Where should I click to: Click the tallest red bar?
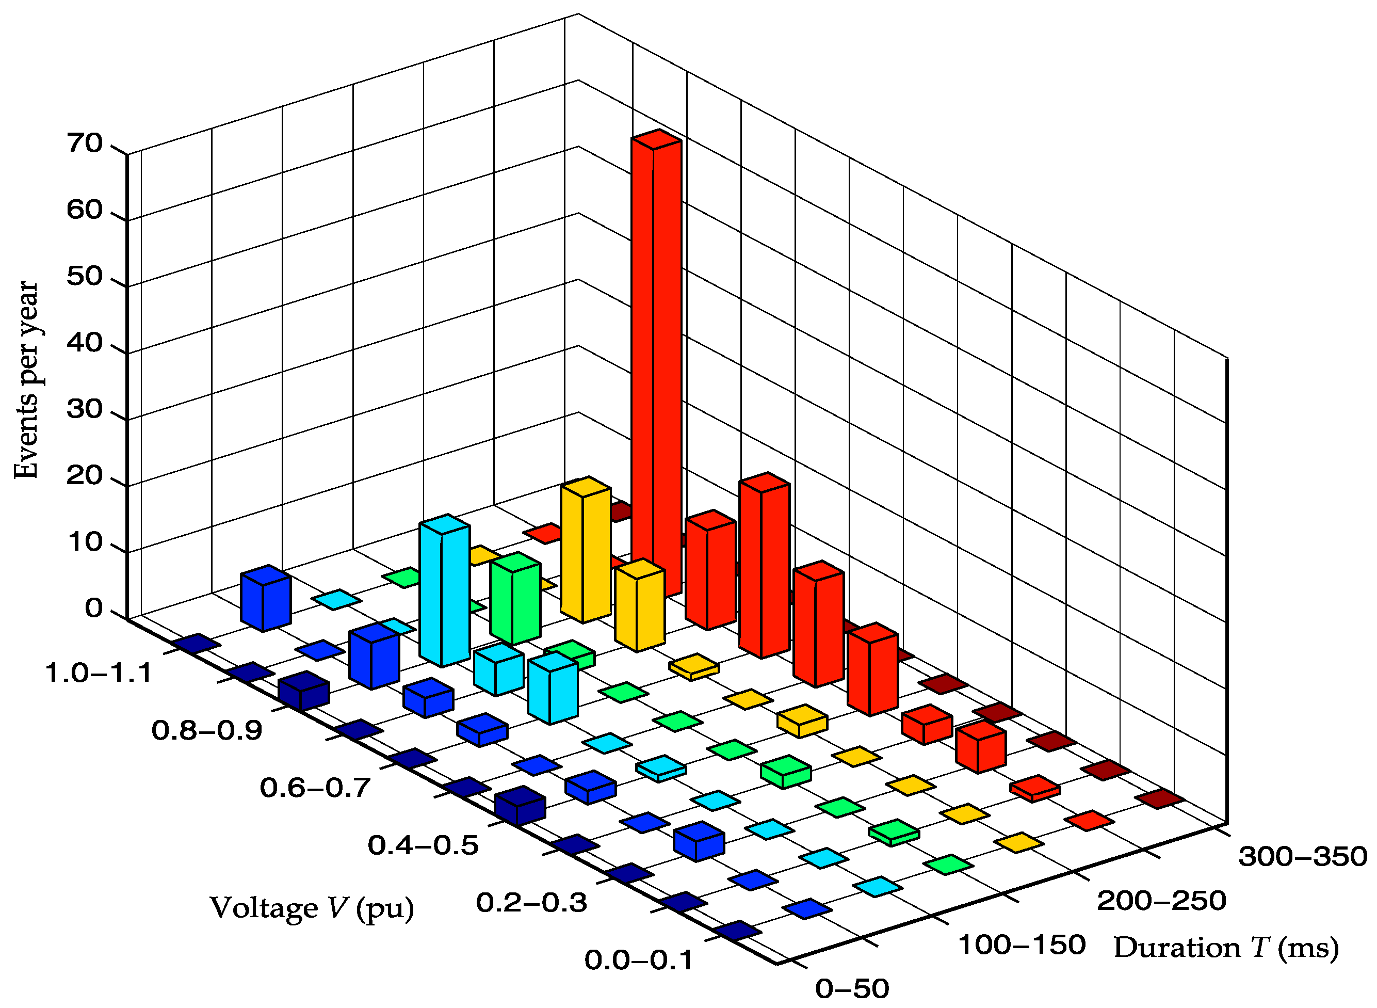(x=656, y=366)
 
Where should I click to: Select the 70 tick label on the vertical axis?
(x=85, y=144)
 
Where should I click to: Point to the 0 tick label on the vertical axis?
(x=93, y=609)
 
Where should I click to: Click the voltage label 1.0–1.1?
(x=99, y=674)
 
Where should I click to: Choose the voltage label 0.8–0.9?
(x=207, y=730)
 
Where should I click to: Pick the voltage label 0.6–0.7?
(x=315, y=788)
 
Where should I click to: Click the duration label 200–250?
(x=1161, y=901)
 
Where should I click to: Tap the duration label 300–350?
(x=1303, y=857)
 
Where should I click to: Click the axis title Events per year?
(x=26, y=379)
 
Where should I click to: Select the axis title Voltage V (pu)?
(x=312, y=907)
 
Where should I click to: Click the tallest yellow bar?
(x=586, y=549)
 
